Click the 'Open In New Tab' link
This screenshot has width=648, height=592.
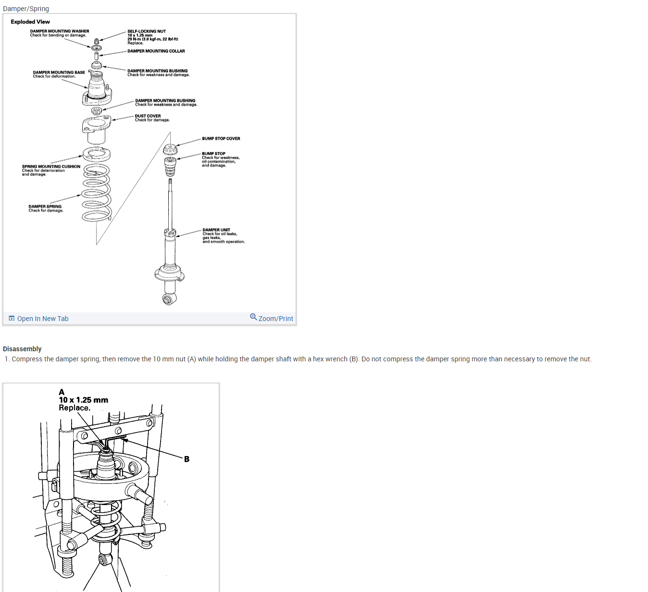tap(42, 319)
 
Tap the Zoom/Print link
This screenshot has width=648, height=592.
tap(275, 319)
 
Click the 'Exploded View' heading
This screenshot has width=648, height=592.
tap(30, 22)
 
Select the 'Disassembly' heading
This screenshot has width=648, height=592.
tap(22, 349)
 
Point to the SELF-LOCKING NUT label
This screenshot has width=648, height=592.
tap(147, 31)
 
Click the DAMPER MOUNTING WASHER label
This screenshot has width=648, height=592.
tap(60, 31)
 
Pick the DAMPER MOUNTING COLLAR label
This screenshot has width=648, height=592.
tap(156, 51)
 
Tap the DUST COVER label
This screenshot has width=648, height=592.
tap(148, 116)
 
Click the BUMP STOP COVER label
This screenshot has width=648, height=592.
tap(221, 138)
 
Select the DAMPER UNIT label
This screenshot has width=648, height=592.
tap(216, 230)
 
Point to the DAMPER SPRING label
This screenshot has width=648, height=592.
tap(45, 207)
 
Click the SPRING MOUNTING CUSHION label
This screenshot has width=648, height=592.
tap(51, 167)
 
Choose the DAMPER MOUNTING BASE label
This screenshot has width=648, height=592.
tap(59, 73)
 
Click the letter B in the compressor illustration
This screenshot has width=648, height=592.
tap(187, 459)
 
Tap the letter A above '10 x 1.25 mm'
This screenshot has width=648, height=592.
tap(62, 392)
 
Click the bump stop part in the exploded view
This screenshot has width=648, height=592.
tap(170, 166)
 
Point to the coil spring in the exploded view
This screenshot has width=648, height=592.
tap(97, 192)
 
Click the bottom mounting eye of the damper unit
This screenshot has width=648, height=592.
tap(167, 300)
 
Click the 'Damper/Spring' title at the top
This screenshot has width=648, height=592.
tap(26, 9)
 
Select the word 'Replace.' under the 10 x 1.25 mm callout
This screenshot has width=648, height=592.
tap(75, 408)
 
